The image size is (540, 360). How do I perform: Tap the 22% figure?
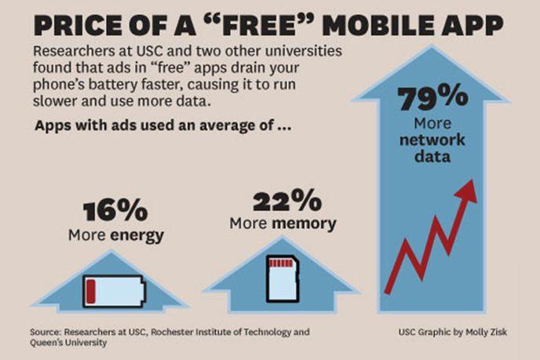pos(282,202)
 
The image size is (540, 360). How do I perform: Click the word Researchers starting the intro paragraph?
pos(71,52)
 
